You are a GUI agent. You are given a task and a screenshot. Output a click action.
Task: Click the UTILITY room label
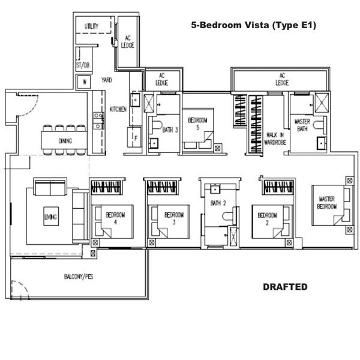click(91, 26)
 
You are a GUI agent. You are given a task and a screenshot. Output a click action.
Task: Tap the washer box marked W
click(84, 82)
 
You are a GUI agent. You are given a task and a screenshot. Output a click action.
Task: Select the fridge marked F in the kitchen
click(135, 137)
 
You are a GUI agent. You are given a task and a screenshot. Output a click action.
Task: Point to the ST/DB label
click(83, 65)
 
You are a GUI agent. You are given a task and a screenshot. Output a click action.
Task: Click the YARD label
click(107, 80)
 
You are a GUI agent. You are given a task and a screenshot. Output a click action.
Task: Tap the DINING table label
click(65, 141)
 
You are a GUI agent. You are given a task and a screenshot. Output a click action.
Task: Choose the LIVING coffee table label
click(51, 217)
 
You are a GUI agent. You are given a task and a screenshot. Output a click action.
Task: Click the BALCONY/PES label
click(79, 277)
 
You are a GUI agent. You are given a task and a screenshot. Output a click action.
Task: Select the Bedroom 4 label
click(115, 218)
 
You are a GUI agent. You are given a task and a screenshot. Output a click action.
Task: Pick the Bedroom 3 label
click(174, 218)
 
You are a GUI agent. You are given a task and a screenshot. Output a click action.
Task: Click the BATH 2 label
click(218, 203)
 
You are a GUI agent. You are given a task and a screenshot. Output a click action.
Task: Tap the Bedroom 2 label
click(267, 218)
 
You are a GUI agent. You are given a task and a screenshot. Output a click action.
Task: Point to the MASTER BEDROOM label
click(327, 203)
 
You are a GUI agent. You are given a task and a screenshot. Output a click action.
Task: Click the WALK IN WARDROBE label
click(275, 139)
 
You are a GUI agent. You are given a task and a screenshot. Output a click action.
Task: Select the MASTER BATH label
click(302, 125)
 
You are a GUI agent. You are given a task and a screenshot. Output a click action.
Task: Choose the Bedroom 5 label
click(197, 124)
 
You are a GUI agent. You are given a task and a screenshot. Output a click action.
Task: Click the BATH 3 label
click(170, 130)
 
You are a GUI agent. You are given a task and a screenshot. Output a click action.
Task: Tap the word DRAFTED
click(285, 287)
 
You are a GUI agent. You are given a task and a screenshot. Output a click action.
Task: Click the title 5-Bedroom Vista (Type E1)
click(253, 25)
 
